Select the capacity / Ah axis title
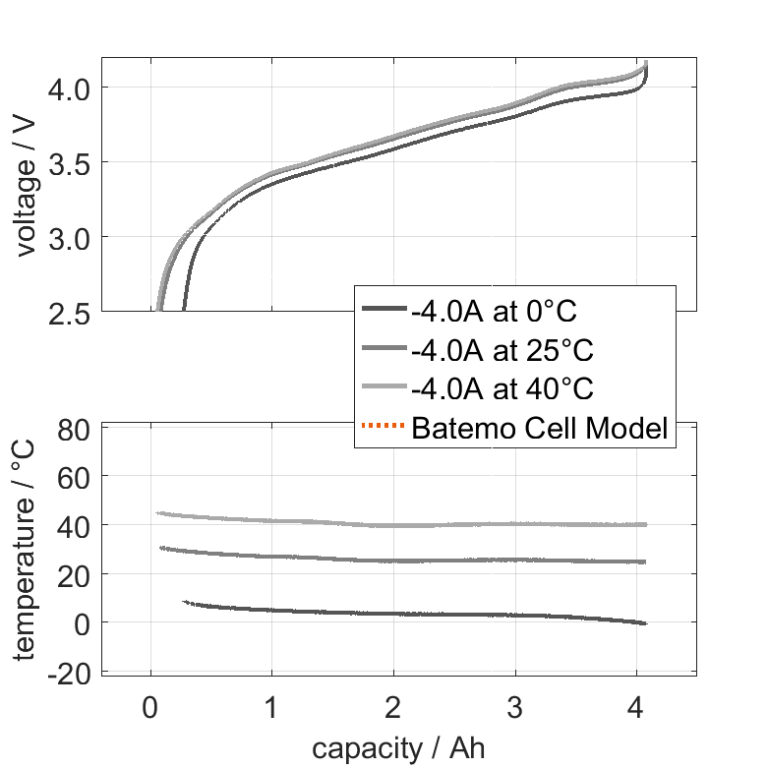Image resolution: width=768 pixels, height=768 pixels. click(x=399, y=748)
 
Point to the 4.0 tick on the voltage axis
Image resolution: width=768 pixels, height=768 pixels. click(x=68, y=88)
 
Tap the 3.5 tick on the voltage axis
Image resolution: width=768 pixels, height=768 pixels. click(x=68, y=162)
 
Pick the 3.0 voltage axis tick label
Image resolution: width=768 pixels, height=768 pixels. click(x=68, y=237)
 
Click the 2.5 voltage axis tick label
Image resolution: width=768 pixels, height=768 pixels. click(x=68, y=312)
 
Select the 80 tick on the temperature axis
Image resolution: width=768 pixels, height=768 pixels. click(x=76, y=429)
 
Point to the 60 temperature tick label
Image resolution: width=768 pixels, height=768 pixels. click(x=76, y=477)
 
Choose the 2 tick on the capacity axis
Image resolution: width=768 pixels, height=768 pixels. click(x=393, y=706)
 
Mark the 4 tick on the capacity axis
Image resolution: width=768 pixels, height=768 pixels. click(x=636, y=706)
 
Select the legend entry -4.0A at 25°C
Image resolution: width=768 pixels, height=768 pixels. click(x=502, y=350)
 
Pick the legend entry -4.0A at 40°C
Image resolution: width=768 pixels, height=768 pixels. click(x=502, y=388)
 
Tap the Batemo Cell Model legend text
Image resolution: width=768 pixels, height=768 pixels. click(x=541, y=428)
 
